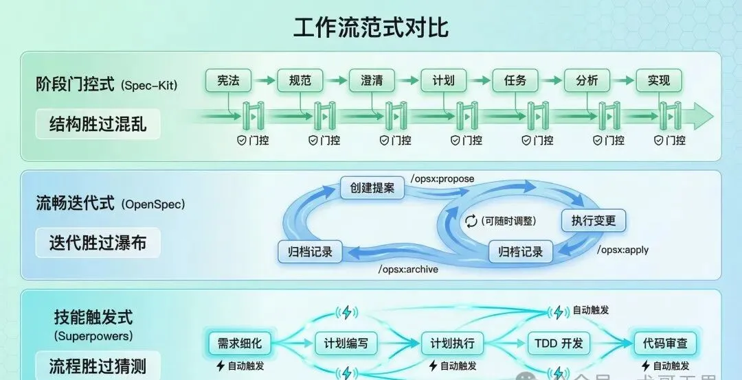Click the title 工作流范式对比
pos(371,28)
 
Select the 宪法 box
pos(228,81)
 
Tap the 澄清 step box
pos(372,81)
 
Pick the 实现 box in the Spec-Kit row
pos(658,81)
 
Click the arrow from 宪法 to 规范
pos(264,81)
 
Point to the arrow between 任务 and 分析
pos(551,81)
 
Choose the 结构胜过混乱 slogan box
pos(98,125)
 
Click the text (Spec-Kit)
pos(148,86)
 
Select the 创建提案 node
pos(372,187)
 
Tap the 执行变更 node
pos(594,221)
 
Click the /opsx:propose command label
pos(442,179)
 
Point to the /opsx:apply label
pos(622,250)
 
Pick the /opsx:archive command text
pos(408,269)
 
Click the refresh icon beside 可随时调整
pos(471,221)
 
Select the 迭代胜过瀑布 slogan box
pos(98,243)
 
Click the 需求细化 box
pos(240,343)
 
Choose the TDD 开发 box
pos(558,343)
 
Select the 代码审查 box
pos(664,343)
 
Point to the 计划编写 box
pos(346,343)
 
